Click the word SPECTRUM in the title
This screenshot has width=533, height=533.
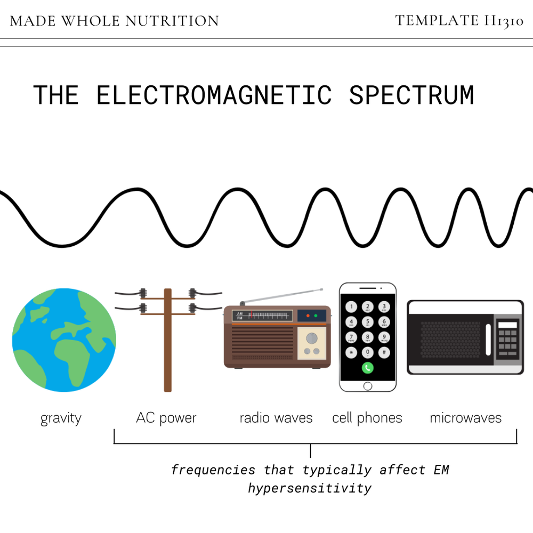[411, 95]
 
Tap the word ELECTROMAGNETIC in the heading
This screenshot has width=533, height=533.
[214, 95]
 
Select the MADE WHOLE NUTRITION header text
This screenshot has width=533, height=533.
[115, 21]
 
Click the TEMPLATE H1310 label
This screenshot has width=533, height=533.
[459, 21]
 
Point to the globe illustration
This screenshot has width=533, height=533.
[64, 340]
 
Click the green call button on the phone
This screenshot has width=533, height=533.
[367, 367]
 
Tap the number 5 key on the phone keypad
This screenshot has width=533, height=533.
[367, 321]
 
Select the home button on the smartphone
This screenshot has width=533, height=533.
[368, 386]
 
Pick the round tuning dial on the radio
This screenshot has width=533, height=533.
[312, 336]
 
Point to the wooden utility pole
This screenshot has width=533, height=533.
[167, 341]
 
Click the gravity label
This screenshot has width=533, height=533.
[61, 418]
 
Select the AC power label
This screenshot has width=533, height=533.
[166, 418]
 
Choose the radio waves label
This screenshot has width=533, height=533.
[276, 418]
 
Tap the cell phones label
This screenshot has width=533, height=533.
[367, 418]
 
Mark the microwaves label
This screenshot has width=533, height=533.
[466, 418]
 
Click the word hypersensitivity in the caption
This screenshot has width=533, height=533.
[310, 488]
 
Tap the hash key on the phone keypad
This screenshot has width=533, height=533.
[384, 352]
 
